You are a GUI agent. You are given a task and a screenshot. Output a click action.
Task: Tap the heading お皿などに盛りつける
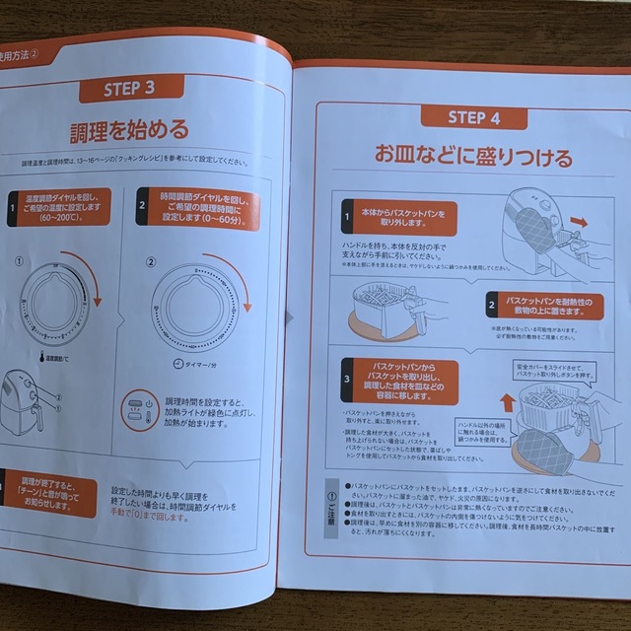pyautogui.click(x=457, y=156)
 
